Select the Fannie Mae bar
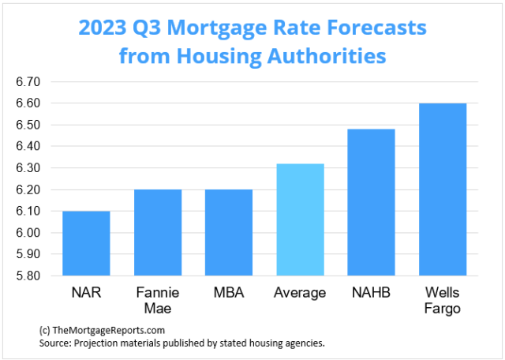click(158, 233)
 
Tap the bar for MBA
click(229, 233)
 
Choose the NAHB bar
click(371, 202)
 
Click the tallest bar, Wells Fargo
click(442, 189)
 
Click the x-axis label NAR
click(86, 293)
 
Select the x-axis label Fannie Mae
click(158, 300)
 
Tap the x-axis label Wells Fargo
click(442, 300)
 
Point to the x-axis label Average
click(300, 293)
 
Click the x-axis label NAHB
click(371, 293)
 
